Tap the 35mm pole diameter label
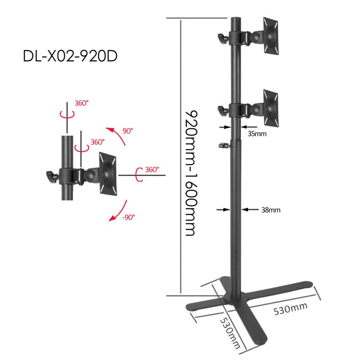257,133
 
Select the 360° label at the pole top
81,103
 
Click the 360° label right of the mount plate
152,169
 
